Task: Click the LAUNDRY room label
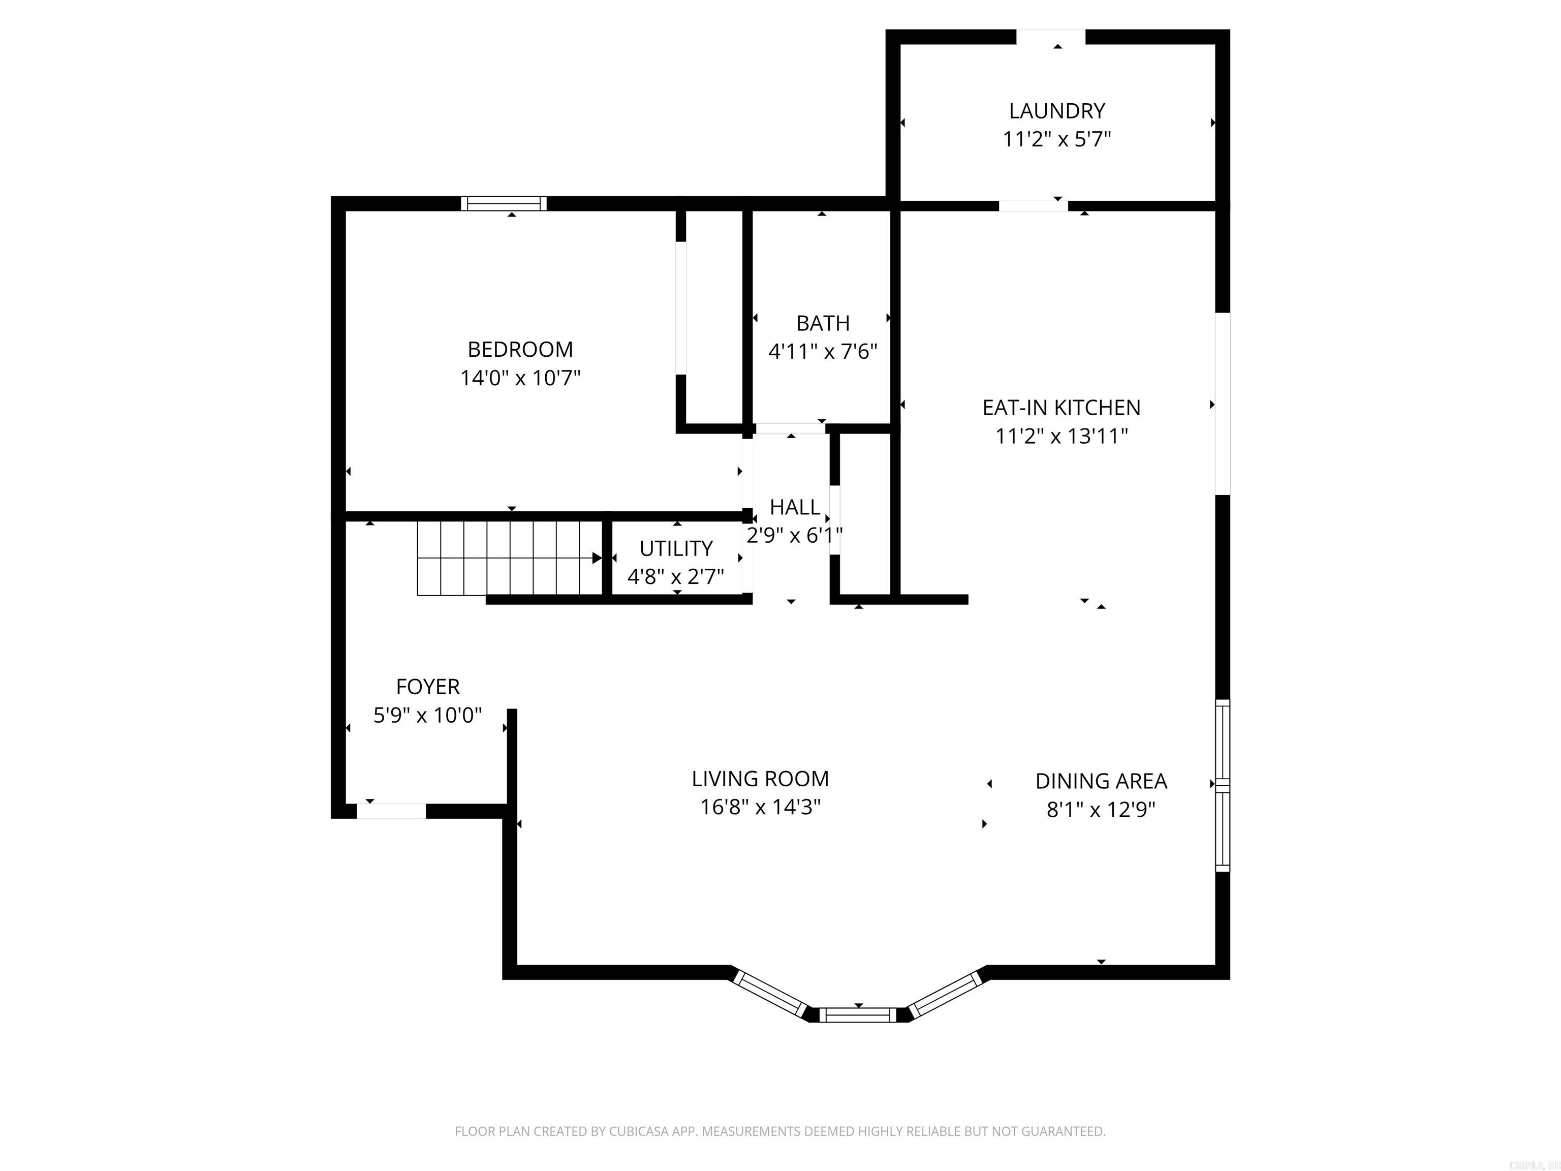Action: pos(1056,111)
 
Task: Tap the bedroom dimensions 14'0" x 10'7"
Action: pos(520,378)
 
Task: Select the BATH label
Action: pos(822,323)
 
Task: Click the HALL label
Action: pos(795,507)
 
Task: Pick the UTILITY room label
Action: pos(675,548)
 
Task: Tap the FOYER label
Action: pos(428,686)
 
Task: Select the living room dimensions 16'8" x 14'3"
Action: pos(760,807)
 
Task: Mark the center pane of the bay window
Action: pos(858,1015)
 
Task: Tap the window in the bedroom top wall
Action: pos(504,203)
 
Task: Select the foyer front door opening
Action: pos(391,811)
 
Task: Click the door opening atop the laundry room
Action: pos(1050,36)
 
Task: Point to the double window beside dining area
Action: pos(1222,785)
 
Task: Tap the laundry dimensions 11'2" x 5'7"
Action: pos(1056,140)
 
